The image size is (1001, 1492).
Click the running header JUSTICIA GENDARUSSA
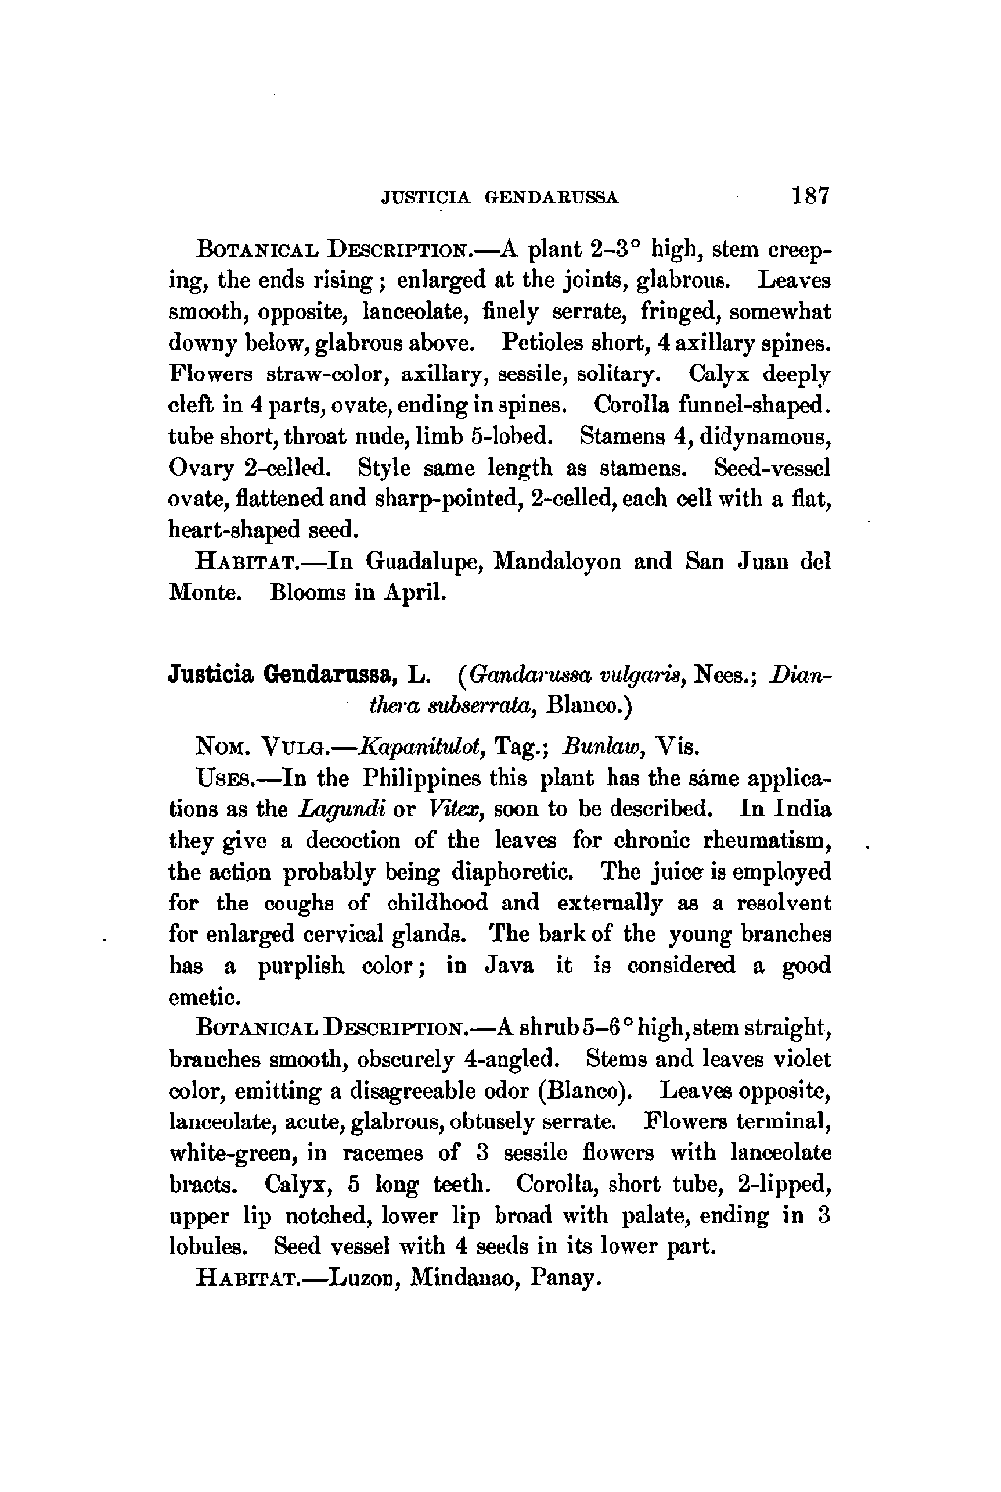500,197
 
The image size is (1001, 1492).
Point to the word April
420,593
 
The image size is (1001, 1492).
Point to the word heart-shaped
232,528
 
